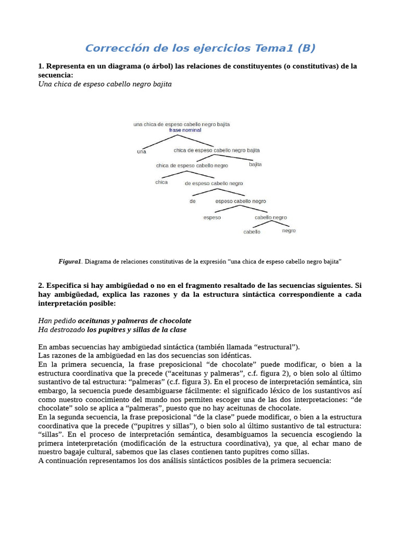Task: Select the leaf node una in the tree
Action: click(x=142, y=152)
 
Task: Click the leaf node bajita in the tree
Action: click(x=255, y=164)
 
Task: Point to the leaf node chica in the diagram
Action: click(x=161, y=182)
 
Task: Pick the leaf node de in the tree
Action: click(x=192, y=201)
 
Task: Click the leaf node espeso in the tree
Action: click(x=212, y=217)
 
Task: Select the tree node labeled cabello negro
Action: click(x=270, y=217)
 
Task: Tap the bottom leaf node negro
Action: click(x=289, y=230)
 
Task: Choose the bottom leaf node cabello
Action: click(x=252, y=232)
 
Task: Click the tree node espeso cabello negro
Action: click(x=241, y=201)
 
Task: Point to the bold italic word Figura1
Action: click(x=70, y=262)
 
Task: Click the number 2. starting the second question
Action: click(x=41, y=286)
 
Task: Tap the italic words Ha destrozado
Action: click(x=62, y=330)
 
